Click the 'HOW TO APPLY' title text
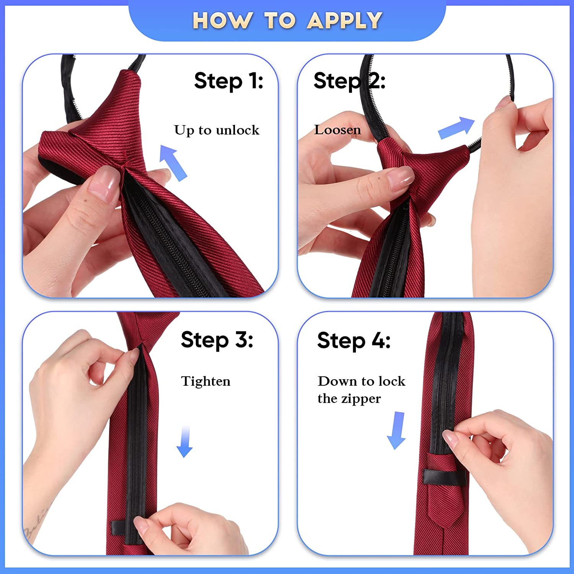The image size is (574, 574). (287, 20)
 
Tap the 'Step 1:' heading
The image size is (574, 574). (228, 81)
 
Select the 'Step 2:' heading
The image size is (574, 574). (349, 81)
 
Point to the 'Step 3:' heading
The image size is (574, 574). (217, 340)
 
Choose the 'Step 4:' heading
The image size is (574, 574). (354, 340)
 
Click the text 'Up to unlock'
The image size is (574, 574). (217, 130)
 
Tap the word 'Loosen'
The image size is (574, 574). (338, 130)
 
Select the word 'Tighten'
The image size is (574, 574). (206, 382)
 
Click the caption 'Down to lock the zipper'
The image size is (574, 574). (361, 390)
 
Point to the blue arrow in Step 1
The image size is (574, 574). (173, 163)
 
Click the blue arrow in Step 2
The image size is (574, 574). (457, 127)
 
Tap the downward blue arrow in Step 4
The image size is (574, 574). (396, 430)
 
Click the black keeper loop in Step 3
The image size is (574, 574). (123, 528)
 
